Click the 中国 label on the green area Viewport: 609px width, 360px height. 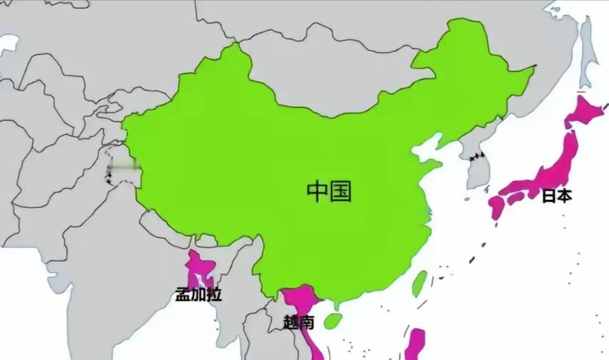tap(329, 191)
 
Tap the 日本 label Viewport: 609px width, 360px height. tap(557, 196)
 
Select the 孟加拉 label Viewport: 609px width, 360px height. tap(198, 294)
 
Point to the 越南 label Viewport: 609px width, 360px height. tap(299, 323)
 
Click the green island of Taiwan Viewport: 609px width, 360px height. tap(419, 283)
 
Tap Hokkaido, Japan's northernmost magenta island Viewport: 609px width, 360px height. tap(584, 112)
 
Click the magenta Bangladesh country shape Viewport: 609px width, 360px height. tap(200, 269)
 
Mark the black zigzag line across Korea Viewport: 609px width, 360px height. tap(475, 158)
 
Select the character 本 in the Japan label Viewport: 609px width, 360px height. tap(565, 196)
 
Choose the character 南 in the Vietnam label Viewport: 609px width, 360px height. tap(306, 323)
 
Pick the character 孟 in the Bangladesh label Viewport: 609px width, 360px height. tap(183, 294)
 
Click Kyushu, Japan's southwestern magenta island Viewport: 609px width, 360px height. tap(496, 207)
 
